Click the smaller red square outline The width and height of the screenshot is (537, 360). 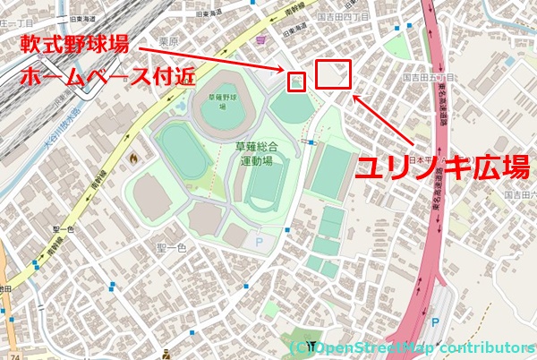(x=296, y=81)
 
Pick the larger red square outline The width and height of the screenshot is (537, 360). (x=333, y=74)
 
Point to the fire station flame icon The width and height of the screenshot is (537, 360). (x=135, y=159)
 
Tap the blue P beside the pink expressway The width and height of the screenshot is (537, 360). (x=436, y=322)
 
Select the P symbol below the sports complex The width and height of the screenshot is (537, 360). (x=260, y=241)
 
